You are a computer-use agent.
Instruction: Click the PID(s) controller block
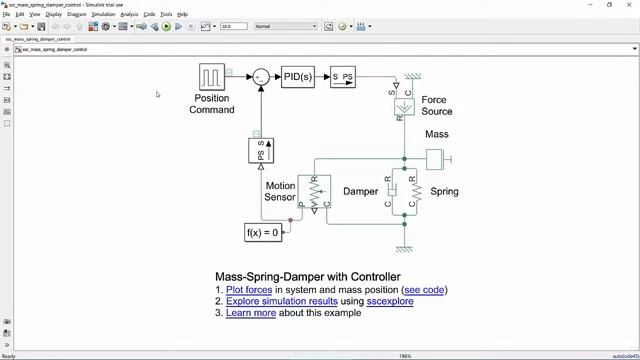(x=297, y=77)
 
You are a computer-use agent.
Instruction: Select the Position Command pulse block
(x=211, y=77)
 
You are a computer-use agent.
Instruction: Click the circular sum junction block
(x=260, y=77)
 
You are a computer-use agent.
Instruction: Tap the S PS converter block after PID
(x=343, y=77)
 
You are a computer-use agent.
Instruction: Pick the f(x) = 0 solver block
(x=263, y=232)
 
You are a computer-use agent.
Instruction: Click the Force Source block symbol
(x=404, y=106)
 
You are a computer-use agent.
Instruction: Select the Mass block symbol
(x=435, y=159)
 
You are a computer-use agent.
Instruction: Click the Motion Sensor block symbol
(x=314, y=192)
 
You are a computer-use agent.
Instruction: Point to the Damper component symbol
(x=392, y=190)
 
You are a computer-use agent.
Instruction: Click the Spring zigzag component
(x=416, y=190)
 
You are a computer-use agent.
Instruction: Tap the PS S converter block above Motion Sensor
(x=260, y=151)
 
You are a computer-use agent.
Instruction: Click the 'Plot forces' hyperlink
(x=249, y=290)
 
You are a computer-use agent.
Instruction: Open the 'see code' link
(x=425, y=290)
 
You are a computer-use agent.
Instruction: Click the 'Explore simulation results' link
(x=282, y=301)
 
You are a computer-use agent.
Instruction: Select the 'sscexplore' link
(x=390, y=301)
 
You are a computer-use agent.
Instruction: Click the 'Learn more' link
(x=251, y=313)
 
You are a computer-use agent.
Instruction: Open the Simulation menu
(x=103, y=15)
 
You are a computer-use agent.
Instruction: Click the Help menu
(x=182, y=15)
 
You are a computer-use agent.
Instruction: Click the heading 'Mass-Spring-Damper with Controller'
(x=307, y=277)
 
